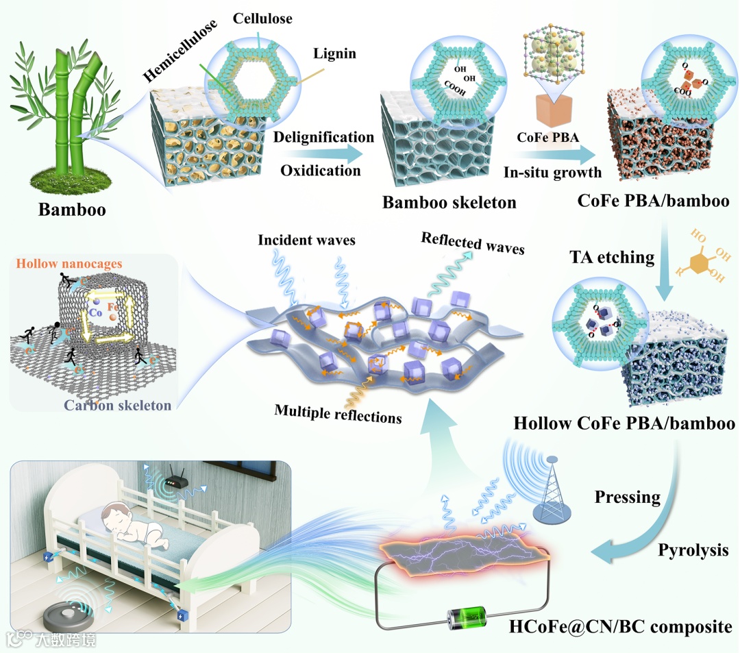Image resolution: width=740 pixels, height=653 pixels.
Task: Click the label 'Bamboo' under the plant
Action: click(72, 209)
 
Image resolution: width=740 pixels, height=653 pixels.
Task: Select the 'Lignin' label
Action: click(334, 53)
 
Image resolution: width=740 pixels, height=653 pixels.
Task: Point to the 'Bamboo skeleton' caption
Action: click(449, 203)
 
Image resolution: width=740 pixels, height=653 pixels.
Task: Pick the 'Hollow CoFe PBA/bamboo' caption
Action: click(624, 423)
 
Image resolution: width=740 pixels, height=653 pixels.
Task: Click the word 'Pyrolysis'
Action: click(693, 550)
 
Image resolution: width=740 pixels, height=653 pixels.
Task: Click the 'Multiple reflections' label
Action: click(338, 413)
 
